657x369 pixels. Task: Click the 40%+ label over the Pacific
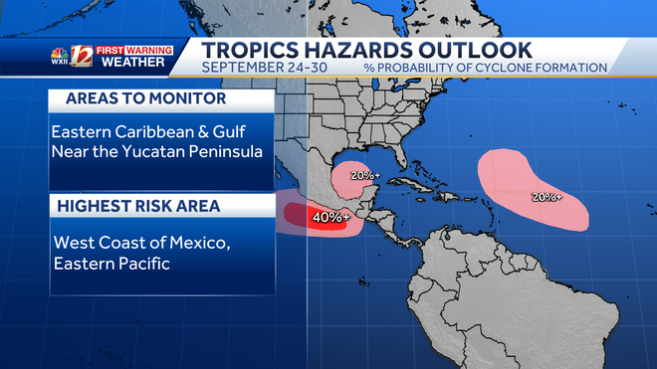click(x=328, y=216)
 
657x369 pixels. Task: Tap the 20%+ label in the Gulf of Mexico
click(x=364, y=175)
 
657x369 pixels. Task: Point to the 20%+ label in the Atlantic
click(x=547, y=197)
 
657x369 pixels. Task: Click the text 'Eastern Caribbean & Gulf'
click(x=149, y=132)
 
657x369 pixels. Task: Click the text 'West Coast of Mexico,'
click(x=133, y=242)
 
